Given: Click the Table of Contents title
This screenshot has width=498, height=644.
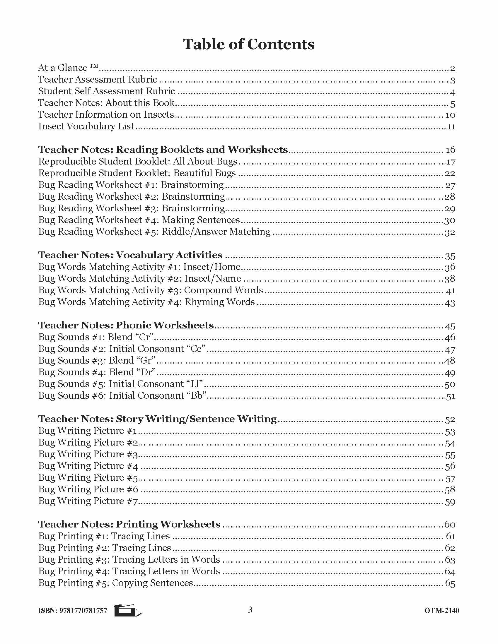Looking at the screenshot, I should pos(249,44).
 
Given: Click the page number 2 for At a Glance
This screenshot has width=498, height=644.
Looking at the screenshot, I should pos(452,68).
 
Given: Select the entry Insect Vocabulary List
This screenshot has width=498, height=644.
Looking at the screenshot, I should pos(86,126).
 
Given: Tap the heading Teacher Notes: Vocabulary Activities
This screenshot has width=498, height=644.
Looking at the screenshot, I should pos(130,255).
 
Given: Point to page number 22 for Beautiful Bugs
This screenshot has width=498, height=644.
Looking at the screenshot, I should pos(450,173).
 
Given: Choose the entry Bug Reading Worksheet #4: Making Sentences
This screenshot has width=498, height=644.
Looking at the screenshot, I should pos(139,220).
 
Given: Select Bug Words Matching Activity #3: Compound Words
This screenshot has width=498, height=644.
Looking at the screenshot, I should pos(151,290).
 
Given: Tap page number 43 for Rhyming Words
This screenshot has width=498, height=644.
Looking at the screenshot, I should pos(450,303).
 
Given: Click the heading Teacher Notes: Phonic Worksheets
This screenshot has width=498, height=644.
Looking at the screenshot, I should pos(126,325).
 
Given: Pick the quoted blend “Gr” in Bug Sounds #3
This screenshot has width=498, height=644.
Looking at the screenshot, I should pos(146,360).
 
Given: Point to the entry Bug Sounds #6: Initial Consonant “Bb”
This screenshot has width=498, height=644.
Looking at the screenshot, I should pos(122,395).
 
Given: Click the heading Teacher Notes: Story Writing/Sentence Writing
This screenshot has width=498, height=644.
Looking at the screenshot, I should pos(158,419).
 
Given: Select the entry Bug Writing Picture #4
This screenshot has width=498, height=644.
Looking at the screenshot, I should pos(88,466).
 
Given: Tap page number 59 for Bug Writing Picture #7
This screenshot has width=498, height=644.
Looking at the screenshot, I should pos(450,501).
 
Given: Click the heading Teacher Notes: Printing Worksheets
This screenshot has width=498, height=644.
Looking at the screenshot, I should pos(129,524).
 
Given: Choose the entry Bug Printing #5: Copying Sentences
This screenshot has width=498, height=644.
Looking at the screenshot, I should pos(116,583).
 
